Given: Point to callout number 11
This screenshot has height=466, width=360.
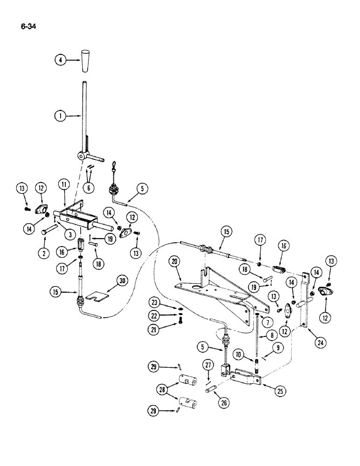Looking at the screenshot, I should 64,185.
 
